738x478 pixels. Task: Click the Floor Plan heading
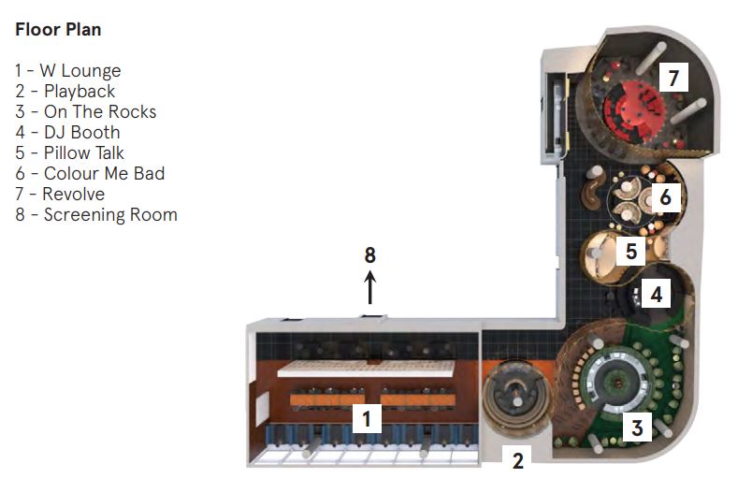click(58, 30)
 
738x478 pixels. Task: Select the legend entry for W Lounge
click(67, 71)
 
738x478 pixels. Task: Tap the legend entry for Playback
click(65, 92)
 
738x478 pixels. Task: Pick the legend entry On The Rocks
click(85, 112)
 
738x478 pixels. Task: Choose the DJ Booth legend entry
click(67, 133)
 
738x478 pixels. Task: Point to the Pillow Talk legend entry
click(69, 153)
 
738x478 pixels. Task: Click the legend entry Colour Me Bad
click(90, 174)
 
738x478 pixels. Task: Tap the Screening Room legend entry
click(95, 215)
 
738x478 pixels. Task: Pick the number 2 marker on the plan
click(518, 458)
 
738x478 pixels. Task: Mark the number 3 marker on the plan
click(637, 428)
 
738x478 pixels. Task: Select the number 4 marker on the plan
click(657, 295)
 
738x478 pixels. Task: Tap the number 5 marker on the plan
click(631, 252)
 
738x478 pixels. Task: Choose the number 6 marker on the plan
click(665, 198)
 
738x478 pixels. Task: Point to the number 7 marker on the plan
click(673, 78)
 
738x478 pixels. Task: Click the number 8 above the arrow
click(369, 254)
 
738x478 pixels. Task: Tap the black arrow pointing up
click(369, 287)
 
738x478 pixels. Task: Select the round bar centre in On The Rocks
click(615, 381)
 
